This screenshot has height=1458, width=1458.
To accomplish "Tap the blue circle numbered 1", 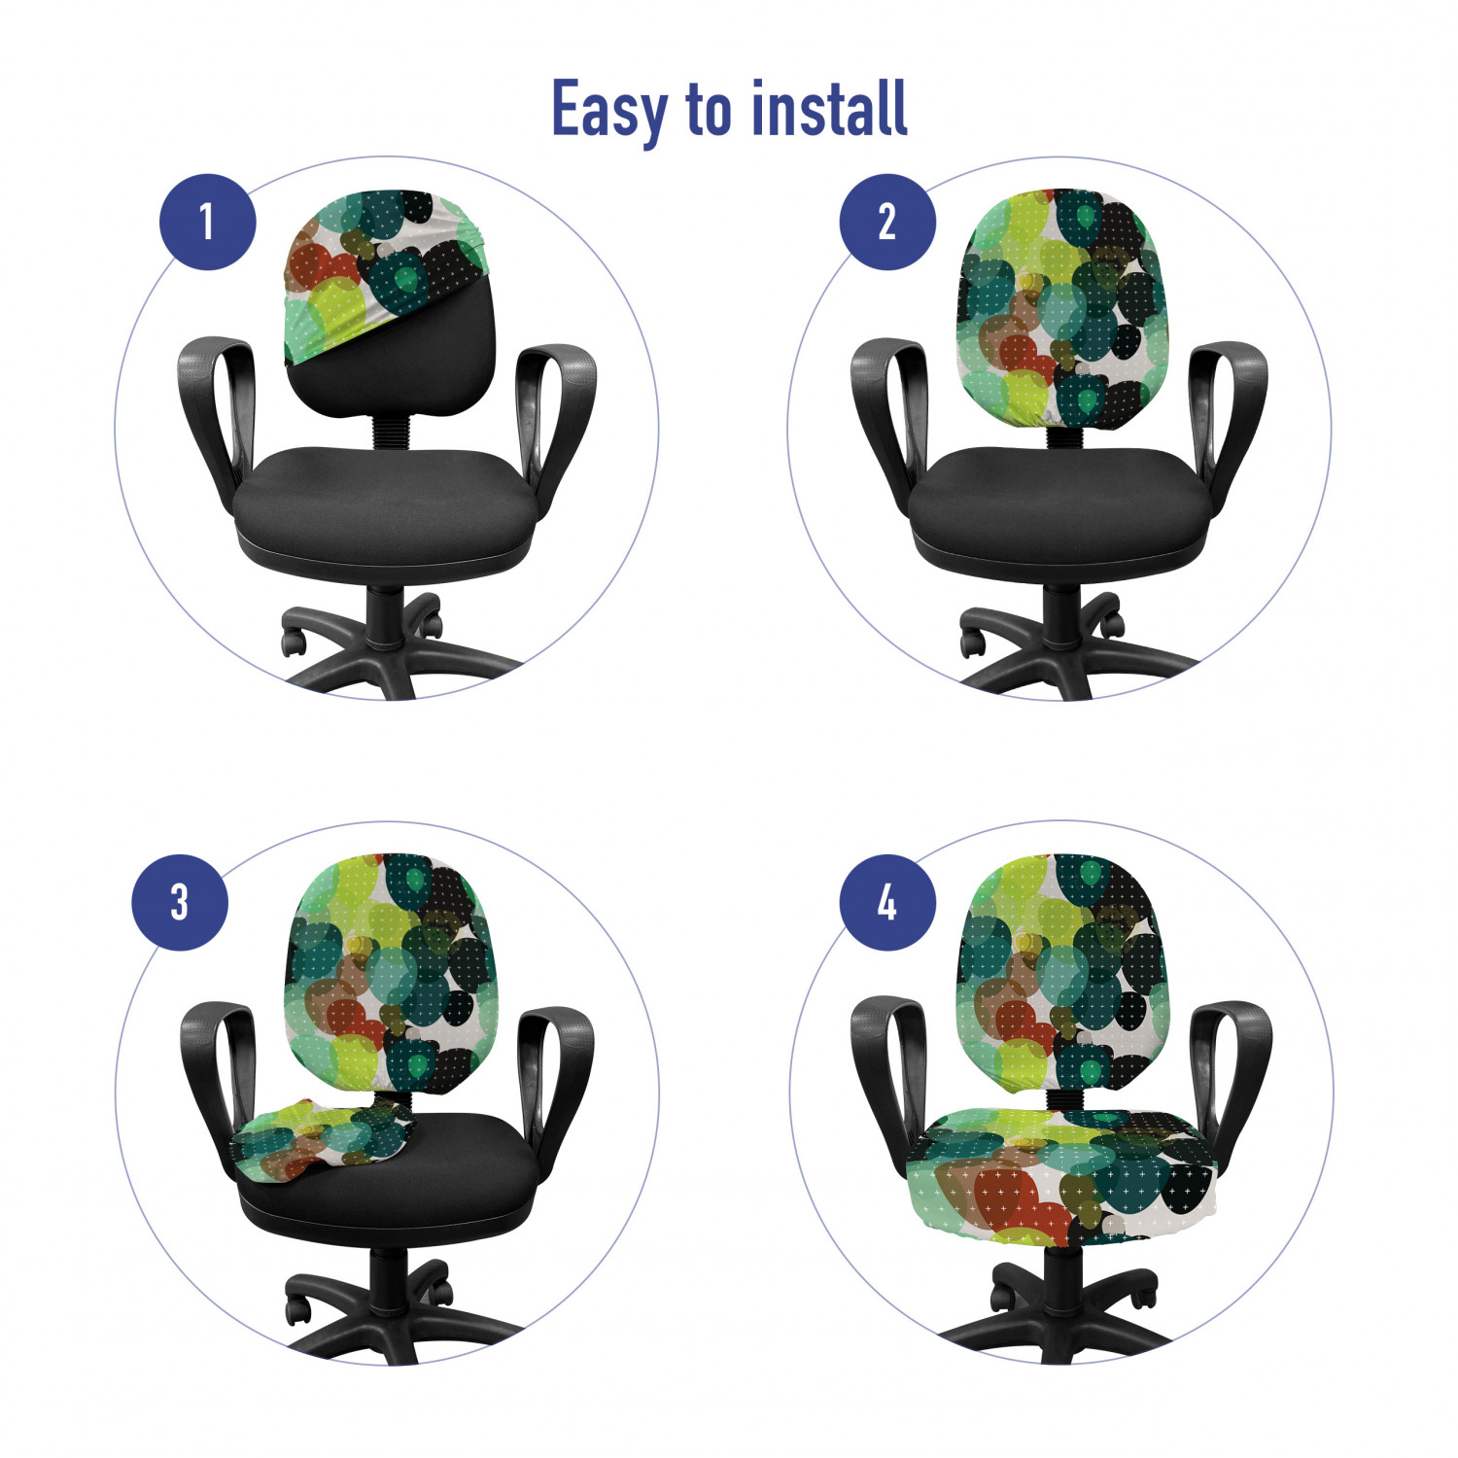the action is [207, 222].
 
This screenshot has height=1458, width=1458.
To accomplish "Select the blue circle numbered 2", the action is [887, 222].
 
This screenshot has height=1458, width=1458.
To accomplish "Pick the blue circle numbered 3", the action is [180, 902].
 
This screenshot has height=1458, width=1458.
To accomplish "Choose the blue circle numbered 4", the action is [887, 902].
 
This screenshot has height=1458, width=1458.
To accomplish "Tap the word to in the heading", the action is [710, 110].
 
